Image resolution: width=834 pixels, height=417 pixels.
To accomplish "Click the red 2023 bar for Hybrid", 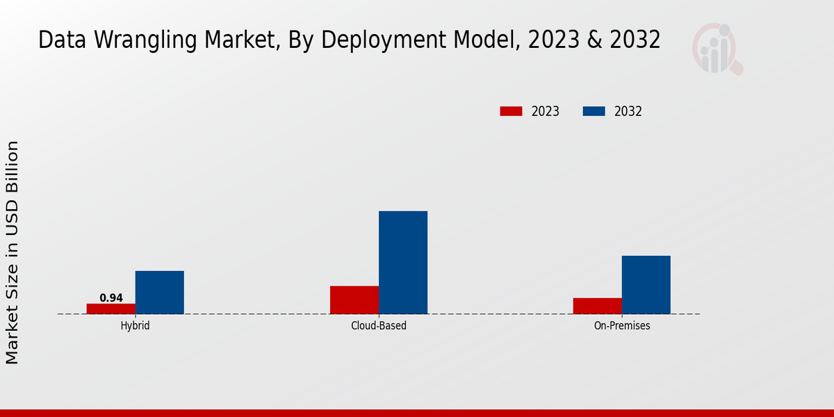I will tap(111, 309).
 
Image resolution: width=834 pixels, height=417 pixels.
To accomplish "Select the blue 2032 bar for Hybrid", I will tap(160, 293).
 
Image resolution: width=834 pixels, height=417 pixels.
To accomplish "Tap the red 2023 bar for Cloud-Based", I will tap(354, 300).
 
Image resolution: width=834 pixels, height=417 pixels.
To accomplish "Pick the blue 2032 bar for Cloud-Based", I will tap(403, 262).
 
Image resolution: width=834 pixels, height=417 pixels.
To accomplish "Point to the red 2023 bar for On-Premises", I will tap(598, 306).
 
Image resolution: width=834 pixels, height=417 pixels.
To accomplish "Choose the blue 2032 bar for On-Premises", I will tap(646, 285).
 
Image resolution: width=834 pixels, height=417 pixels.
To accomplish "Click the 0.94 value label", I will tap(111, 298).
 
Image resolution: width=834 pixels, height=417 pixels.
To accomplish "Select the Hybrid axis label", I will tap(135, 325).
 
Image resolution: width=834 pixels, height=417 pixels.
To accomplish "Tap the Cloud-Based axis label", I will tap(379, 325).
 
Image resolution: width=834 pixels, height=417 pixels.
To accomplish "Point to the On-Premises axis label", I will tap(622, 325).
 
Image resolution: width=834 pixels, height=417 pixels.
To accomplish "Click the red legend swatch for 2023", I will tap(511, 111).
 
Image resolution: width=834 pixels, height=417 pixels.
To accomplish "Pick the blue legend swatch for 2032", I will tap(594, 111).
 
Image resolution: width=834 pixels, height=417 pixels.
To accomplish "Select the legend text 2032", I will tap(628, 111).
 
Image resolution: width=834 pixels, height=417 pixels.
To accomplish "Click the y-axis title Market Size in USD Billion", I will tap(13, 252).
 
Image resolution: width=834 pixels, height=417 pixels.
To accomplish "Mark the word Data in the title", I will tap(61, 40).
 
